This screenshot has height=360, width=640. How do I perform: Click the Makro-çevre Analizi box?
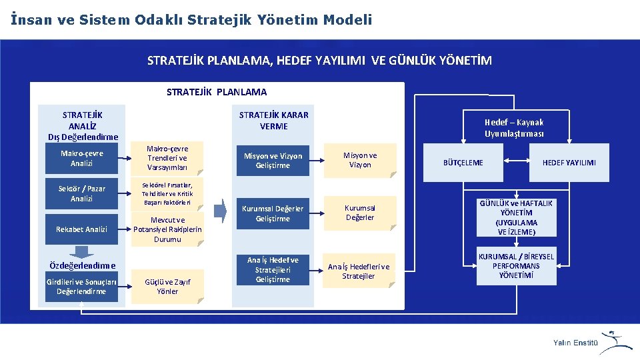point(81,159)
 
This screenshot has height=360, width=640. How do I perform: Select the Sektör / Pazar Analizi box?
point(81,194)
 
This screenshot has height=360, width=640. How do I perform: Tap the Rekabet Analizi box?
point(81,229)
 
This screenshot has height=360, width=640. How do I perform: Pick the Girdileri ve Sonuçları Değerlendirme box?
point(81,287)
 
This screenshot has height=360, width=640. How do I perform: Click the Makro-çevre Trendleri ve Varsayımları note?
point(167,158)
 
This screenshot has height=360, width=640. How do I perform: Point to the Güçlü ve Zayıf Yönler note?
point(167,287)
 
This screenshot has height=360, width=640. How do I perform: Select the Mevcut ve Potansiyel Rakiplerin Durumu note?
point(167,229)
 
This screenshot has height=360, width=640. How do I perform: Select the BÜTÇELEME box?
point(463,163)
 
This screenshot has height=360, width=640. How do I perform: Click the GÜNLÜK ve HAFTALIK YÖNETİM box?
point(517,218)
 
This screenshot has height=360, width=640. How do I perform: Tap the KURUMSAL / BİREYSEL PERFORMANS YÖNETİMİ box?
point(517,266)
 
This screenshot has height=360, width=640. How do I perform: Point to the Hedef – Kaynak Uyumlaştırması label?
point(514,127)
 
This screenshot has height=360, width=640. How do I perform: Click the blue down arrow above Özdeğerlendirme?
point(82,251)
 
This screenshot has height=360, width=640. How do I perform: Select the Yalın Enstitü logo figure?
point(616,341)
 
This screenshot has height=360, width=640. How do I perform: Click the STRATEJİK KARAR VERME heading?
point(273,120)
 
